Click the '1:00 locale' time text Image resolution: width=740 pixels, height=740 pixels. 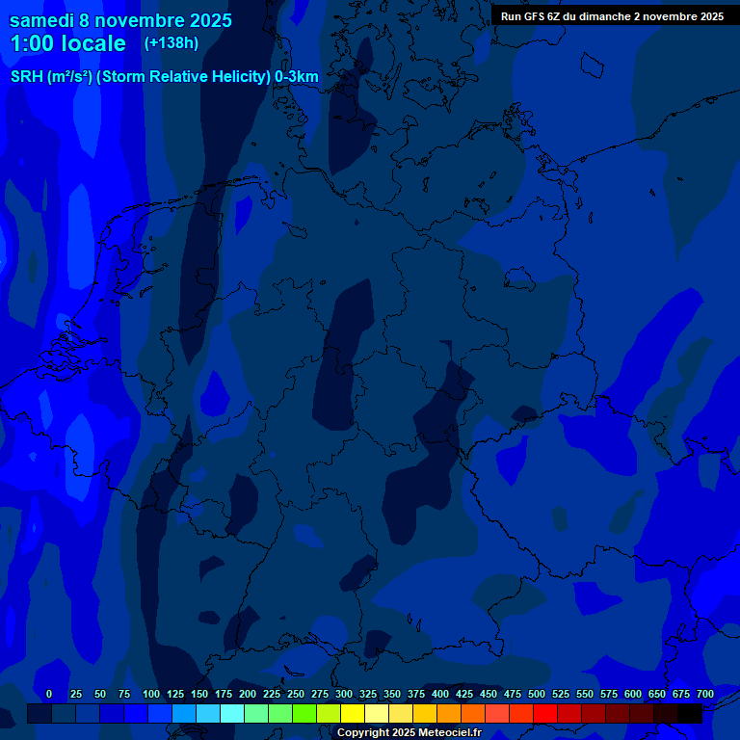pyautogui.click(x=67, y=43)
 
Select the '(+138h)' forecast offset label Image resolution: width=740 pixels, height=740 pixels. pyautogui.click(x=172, y=43)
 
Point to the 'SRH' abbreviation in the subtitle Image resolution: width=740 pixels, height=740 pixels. pyautogui.click(x=26, y=77)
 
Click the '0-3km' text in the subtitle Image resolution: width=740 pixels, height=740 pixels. pyautogui.click(x=297, y=77)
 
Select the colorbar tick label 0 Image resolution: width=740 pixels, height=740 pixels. pyautogui.click(x=49, y=694)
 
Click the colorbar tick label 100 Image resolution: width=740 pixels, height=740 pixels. pyautogui.click(x=151, y=694)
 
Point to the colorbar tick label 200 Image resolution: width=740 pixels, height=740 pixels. pyautogui.click(x=248, y=694)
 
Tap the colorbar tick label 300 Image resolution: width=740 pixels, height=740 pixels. pyautogui.click(x=344, y=694)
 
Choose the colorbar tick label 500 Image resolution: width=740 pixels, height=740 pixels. pyautogui.click(x=537, y=694)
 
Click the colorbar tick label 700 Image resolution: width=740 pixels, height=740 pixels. pyautogui.click(x=705, y=694)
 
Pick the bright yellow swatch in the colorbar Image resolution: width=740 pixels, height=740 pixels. pyautogui.click(x=353, y=714)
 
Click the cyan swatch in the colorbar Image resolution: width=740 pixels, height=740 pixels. pyautogui.click(x=232, y=714)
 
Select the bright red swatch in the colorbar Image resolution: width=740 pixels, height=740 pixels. pyautogui.click(x=545, y=714)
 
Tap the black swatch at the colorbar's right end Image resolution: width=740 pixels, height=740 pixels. pyautogui.click(x=690, y=714)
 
